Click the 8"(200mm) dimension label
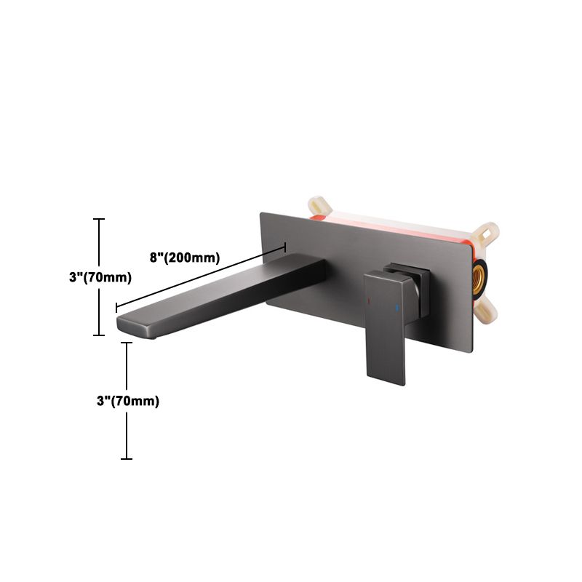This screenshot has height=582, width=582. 185,257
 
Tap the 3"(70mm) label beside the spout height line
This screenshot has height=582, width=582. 100,277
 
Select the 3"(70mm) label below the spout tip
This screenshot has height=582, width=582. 128,401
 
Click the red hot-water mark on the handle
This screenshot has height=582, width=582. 370,299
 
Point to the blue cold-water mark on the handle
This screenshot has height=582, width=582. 396,309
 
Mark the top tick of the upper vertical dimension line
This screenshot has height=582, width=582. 100,218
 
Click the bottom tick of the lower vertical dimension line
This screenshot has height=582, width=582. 127,458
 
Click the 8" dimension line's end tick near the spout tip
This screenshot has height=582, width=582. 117,309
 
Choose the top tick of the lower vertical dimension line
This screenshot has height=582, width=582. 127,343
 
